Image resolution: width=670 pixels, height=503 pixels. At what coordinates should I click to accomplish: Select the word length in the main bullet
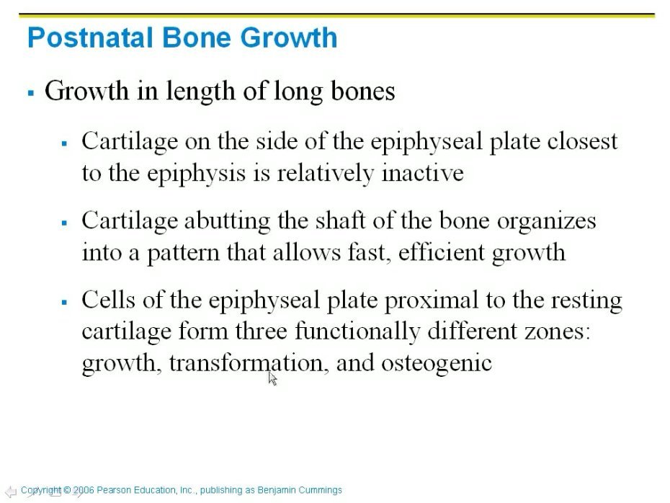(200, 92)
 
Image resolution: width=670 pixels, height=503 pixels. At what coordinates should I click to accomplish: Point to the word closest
(582, 141)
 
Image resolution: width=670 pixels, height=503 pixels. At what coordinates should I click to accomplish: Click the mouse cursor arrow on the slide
(272, 378)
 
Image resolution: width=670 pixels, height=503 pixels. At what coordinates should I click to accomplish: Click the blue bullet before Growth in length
(31, 93)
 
